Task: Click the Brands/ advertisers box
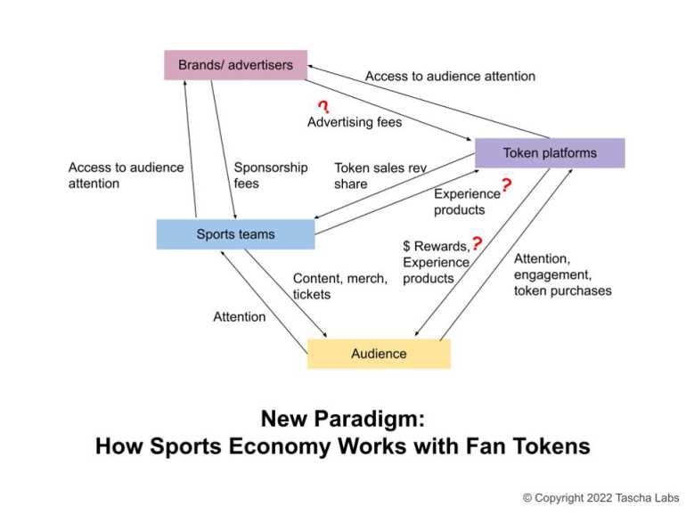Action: (x=235, y=65)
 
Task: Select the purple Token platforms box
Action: (x=550, y=153)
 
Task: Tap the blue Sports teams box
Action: (x=235, y=234)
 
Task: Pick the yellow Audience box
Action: (x=379, y=354)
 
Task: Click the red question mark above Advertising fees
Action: (x=324, y=107)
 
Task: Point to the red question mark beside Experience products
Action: (x=506, y=185)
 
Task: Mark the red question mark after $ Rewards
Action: (x=477, y=243)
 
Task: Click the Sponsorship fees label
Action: (x=271, y=176)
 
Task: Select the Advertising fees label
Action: (x=355, y=122)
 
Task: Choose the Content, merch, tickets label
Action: (x=339, y=286)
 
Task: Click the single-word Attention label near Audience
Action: (x=239, y=317)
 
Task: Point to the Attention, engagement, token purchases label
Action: (x=562, y=274)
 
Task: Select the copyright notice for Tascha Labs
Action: (x=600, y=498)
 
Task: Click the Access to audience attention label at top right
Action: (x=450, y=77)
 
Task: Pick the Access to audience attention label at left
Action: (x=126, y=176)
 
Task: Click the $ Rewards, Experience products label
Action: (x=436, y=262)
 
